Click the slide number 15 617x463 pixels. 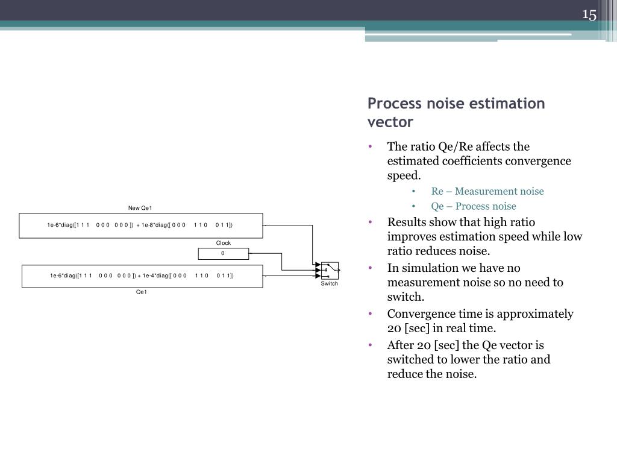(x=589, y=15)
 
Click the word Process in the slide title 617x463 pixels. (x=393, y=104)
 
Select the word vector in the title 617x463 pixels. (x=390, y=122)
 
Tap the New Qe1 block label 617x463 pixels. (x=140, y=208)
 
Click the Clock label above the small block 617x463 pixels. (x=224, y=243)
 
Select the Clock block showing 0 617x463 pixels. (x=223, y=253)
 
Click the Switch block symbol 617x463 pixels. (x=330, y=271)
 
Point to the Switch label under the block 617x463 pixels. (x=330, y=283)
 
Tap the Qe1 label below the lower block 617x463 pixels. (x=142, y=292)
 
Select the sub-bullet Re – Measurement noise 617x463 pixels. (x=487, y=191)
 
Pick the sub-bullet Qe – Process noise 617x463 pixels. (x=473, y=206)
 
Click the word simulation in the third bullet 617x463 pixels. (x=427, y=268)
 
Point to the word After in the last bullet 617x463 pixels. (x=401, y=345)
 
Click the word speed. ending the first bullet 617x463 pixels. (x=404, y=175)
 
